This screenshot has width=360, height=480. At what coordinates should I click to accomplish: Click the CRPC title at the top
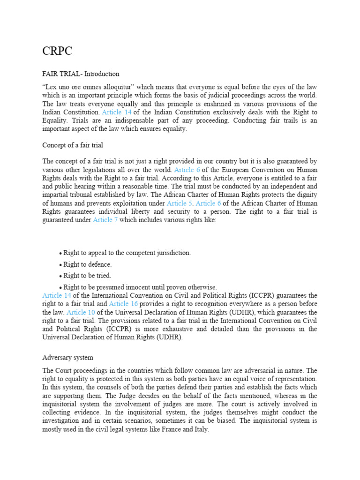57,52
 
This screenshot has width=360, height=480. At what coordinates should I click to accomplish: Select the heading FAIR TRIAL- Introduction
81,74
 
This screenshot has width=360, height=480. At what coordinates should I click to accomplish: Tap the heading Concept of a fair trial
73,145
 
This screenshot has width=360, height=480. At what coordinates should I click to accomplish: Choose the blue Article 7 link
105,220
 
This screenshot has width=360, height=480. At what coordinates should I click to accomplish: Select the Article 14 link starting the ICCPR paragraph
57,295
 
